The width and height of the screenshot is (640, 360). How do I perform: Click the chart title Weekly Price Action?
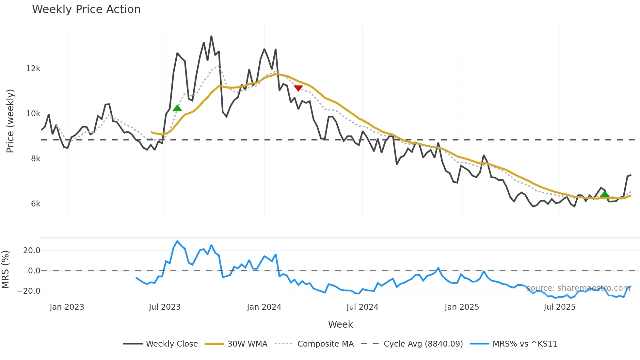[x=86, y=9]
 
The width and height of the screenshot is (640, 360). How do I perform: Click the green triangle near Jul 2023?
[x=177, y=108]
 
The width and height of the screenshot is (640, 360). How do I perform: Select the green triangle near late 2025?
[x=604, y=194]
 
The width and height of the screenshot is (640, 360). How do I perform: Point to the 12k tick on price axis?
[x=33, y=69]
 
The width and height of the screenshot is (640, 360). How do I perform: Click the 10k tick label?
[x=33, y=114]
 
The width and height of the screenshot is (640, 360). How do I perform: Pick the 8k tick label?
[x=36, y=159]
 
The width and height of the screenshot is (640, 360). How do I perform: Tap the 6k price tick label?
[x=36, y=204]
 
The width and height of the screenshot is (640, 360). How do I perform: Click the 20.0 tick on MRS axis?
[x=32, y=251]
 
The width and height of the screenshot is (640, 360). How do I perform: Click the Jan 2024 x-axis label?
[x=264, y=307]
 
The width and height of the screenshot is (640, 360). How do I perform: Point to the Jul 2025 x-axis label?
[x=559, y=307]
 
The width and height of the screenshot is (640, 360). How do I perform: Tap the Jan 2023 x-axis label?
[x=67, y=307]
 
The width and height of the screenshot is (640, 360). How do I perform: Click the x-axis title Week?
[x=340, y=324]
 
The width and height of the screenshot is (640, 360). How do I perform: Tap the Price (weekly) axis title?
[x=10, y=121]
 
